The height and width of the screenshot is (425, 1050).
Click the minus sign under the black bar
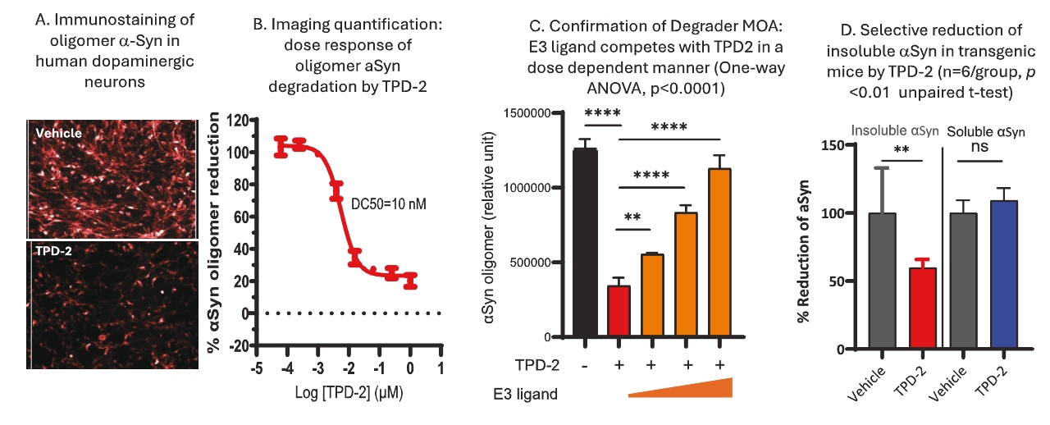tap(585, 363)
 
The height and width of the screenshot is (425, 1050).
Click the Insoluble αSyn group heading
tap(895, 130)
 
